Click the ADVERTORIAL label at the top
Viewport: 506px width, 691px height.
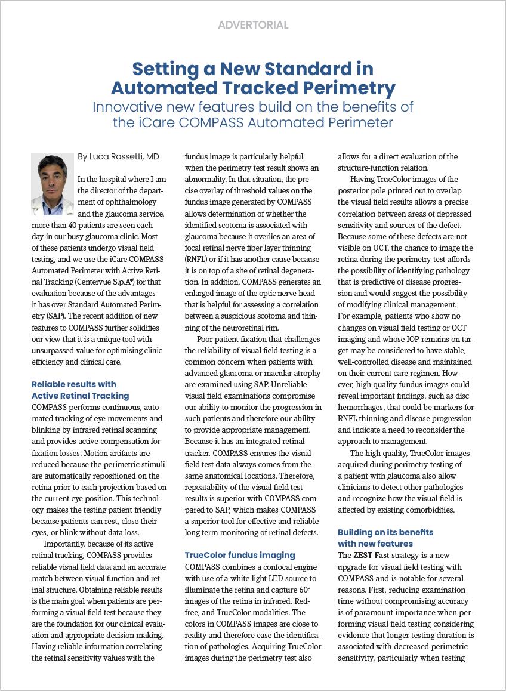(253, 25)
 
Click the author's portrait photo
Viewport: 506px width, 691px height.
(52, 177)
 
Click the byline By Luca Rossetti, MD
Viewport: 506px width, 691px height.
(118, 156)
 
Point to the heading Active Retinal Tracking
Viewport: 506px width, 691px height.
(80, 396)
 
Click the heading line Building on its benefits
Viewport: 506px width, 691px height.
(385, 532)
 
